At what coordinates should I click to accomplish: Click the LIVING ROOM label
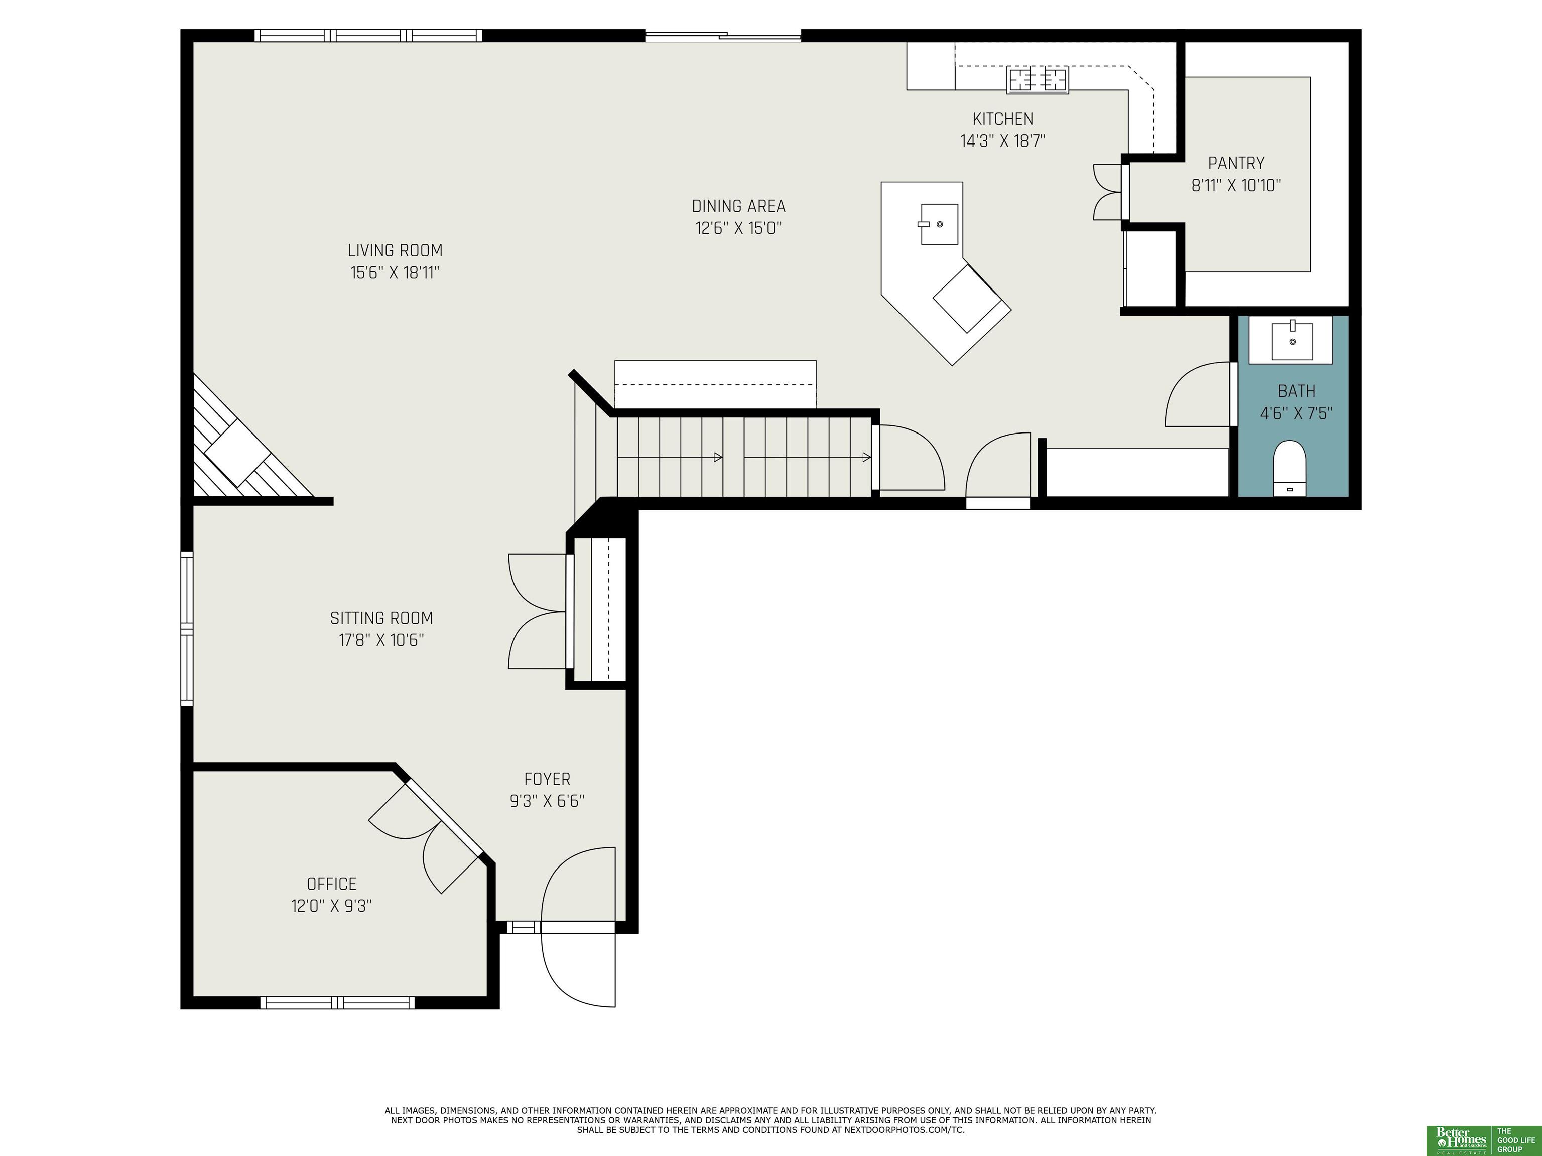point(395,250)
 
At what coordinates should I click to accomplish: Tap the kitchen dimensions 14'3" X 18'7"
point(1002,141)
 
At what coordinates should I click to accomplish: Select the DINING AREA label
point(738,206)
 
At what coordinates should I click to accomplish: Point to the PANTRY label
point(1236,163)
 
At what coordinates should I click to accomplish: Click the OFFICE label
point(331,884)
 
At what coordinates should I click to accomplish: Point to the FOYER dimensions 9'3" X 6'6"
point(547,801)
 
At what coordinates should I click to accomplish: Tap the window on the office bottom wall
point(337,1002)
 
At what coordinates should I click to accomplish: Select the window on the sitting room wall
point(187,629)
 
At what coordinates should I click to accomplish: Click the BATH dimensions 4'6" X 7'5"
point(1296,414)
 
